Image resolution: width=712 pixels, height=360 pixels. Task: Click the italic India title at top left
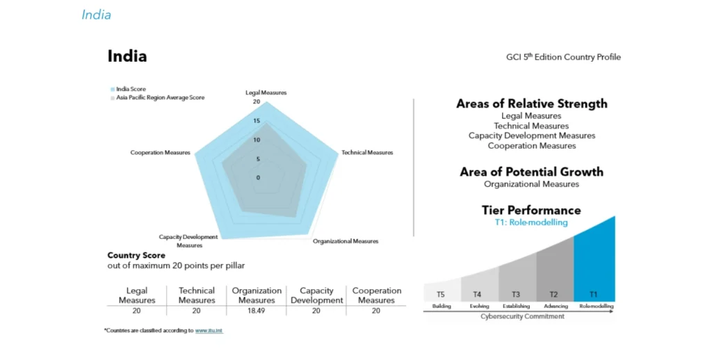[x=96, y=15]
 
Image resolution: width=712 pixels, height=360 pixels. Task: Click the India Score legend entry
[x=131, y=89]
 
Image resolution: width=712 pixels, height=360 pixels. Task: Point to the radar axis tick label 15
[x=256, y=121]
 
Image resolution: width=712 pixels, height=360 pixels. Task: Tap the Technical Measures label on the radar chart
[x=367, y=152]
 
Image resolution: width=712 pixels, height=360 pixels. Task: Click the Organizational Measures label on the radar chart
[x=346, y=241]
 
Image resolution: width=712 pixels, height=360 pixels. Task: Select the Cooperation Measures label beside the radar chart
[x=160, y=152]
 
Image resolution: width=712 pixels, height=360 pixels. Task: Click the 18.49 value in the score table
[x=257, y=311]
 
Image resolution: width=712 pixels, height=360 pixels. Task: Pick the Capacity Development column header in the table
[x=316, y=295]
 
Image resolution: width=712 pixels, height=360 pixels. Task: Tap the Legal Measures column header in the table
[x=137, y=295]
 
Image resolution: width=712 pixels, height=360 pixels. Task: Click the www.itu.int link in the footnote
[x=209, y=330]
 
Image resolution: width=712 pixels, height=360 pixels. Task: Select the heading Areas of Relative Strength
[x=531, y=104]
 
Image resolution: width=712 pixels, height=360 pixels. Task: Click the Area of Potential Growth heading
[x=531, y=172]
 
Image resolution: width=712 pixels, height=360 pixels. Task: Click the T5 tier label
[x=441, y=294]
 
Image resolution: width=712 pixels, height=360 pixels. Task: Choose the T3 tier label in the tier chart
[x=516, y=294]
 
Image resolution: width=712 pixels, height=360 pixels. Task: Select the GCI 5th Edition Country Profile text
[x=563, y=57]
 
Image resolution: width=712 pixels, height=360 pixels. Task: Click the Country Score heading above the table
[x=136, y=255]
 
